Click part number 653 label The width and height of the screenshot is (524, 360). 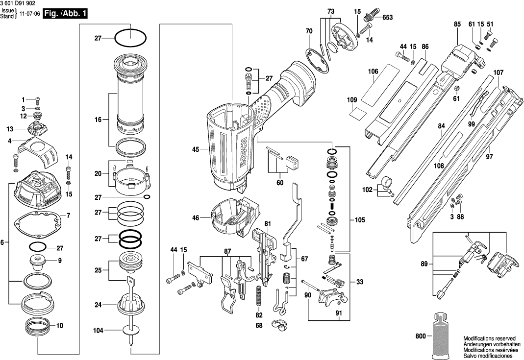click(387, 18)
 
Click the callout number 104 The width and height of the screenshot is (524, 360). click(99, 331)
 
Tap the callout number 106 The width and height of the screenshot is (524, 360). click(374, 72)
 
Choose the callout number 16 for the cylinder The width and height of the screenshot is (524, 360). click(98, 119)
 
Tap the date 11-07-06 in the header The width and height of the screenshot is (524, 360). click(29, 14)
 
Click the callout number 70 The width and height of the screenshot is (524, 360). click(309, 31)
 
